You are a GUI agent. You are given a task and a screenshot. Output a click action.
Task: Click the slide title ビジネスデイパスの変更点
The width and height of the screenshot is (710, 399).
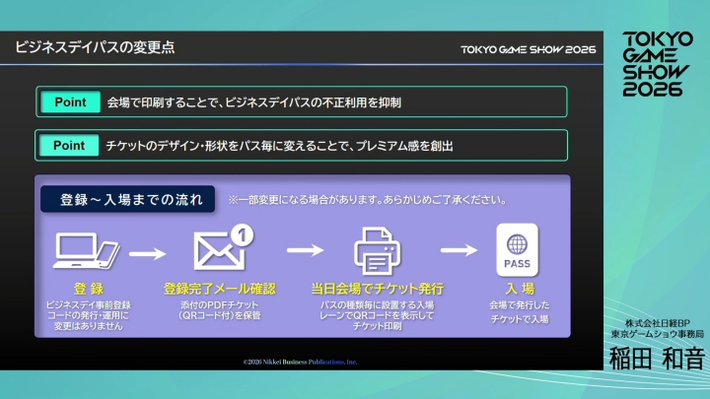(x=96, y=48)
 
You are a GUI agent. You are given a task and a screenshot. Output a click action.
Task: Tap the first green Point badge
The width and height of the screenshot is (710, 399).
(x=69, y=101)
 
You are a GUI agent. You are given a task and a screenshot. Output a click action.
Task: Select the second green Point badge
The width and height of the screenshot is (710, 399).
(x=69, y=145)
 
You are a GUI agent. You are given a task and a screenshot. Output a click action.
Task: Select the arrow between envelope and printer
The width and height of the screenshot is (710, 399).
(x=309, y=253)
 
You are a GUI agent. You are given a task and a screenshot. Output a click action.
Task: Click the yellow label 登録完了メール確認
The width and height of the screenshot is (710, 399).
(x=220, y=290)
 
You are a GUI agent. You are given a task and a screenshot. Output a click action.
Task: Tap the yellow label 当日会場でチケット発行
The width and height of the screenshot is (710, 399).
(x=377, y=290)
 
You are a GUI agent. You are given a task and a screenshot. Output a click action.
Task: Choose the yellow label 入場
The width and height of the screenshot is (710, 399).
(x=520, y=290)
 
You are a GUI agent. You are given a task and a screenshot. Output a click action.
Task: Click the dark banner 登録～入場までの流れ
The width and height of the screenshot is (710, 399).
(x=128, y=199)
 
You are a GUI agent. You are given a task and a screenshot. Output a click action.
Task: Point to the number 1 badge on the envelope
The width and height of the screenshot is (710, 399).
(x=245, y=233)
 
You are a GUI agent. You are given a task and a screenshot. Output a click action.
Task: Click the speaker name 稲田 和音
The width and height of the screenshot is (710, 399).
(x=656, y=360)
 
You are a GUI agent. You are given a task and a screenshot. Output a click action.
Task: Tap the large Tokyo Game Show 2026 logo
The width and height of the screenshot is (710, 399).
(x=653, y=62)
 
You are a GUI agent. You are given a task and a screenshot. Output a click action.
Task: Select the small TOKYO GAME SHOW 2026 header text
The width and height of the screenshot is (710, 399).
(x=528, y=49)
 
